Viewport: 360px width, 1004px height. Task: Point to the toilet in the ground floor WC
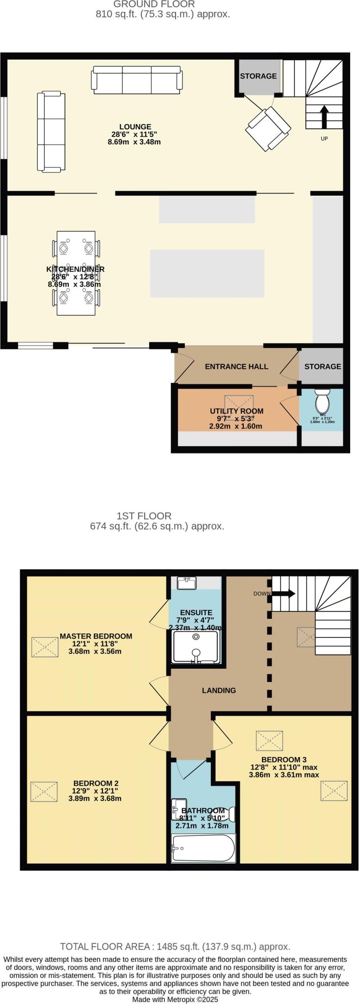pyautogui.click(x=323, y=402)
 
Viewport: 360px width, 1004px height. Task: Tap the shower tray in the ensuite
pyautogui.click(x=196, y=646)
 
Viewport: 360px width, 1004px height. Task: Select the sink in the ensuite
pyautogui.click(x=187, y=583)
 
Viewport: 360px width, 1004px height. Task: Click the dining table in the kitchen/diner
pyautogui.click(x=76, y=273)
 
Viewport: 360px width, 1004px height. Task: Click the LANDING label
pyautogui.click(x=219, y=690)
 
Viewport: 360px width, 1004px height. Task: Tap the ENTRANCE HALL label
pyautogui.click(x=236, y=366)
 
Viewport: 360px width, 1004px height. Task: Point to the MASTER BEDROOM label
pyautogui.click(x=96, y=636)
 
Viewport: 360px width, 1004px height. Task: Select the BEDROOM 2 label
pyautogui.click(x=96, y=783)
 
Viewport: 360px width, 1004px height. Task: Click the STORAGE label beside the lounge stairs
pyautogui.click(x=258, y=76)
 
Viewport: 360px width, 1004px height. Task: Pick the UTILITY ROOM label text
pyautogui.click(x=236, y=411)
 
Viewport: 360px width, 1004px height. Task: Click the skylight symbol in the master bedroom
pyautogui.click(x=45, y=647)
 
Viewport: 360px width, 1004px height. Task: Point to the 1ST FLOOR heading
pyautogui.click(x=144, y=516)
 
